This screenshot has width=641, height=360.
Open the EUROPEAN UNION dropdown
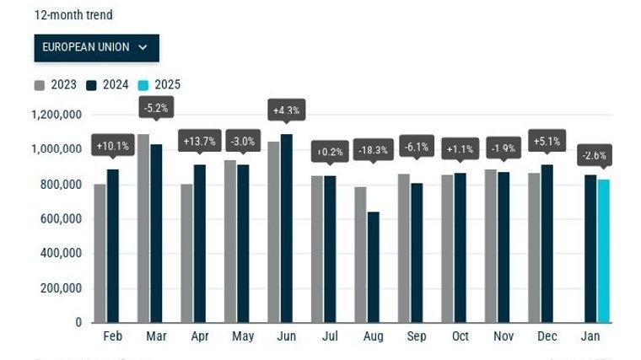tap(96, 48)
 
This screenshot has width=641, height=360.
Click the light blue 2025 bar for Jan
tap(603, 250)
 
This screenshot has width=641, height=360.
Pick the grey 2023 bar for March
tap(143, 228)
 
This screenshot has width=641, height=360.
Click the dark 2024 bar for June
tap(287, 228)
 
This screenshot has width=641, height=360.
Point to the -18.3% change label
tap(374, 149)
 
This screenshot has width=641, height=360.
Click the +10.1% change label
tap(112, 146)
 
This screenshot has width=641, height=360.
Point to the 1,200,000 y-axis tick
tap(57, 115)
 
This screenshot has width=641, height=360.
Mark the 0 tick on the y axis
tap(78, 322)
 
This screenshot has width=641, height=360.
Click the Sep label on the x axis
tap(417, 336)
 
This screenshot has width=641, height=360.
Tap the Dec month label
tap(547, 336)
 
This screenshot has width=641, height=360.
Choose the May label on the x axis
tap(243, 336)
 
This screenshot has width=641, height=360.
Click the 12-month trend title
tap(73, 15)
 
